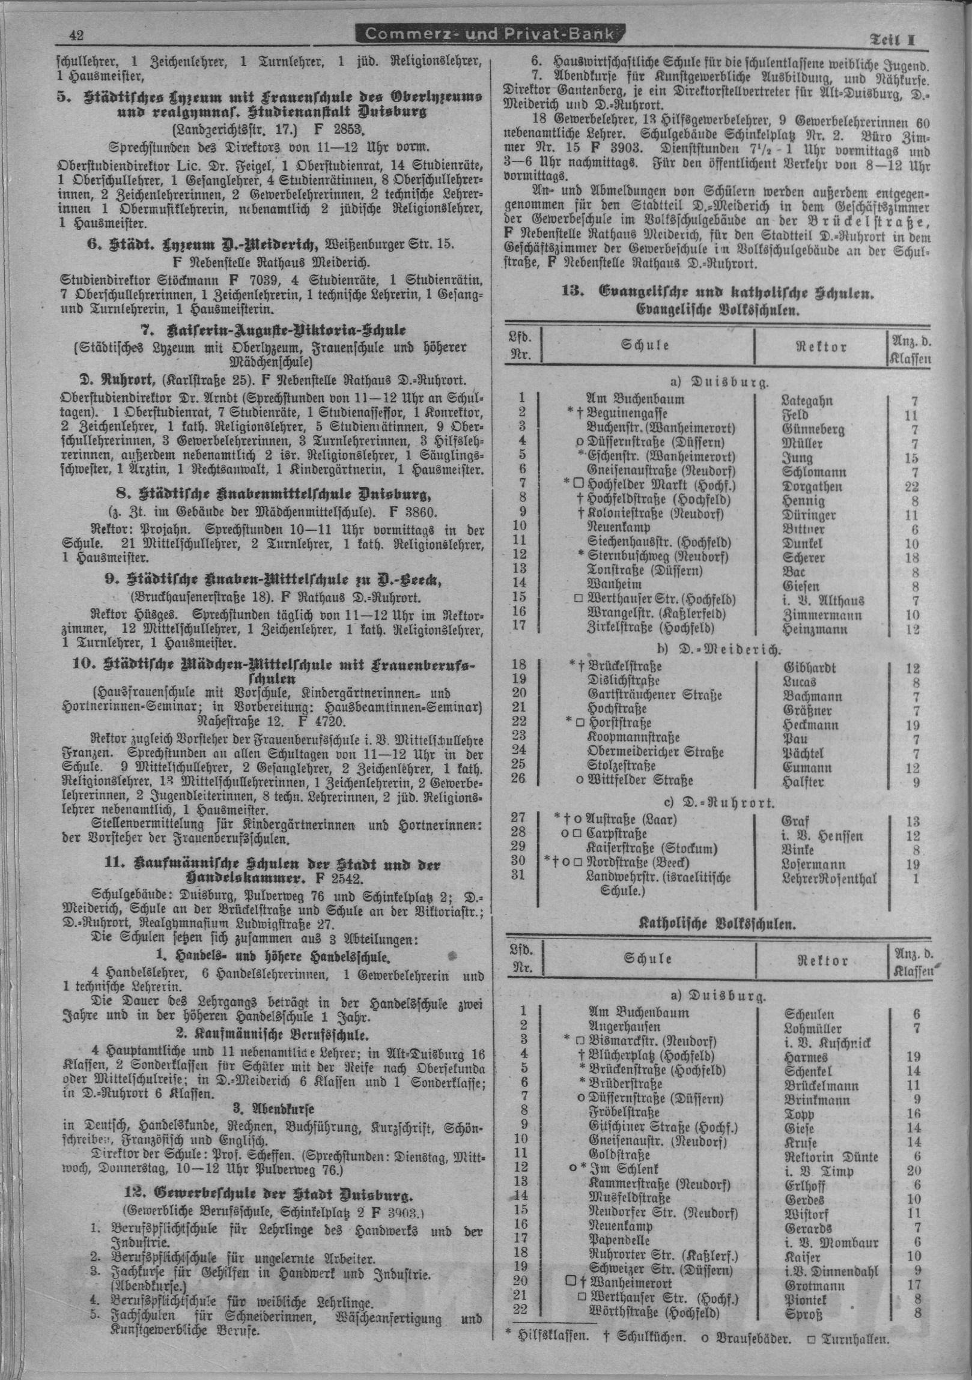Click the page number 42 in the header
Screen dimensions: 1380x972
(x=76, y=35)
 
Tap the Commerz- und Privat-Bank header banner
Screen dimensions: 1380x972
(x=490, y=34)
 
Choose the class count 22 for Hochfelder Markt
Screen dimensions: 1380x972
(x=912, y=486)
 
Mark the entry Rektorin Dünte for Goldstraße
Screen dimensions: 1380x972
(x=831, y=1157)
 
